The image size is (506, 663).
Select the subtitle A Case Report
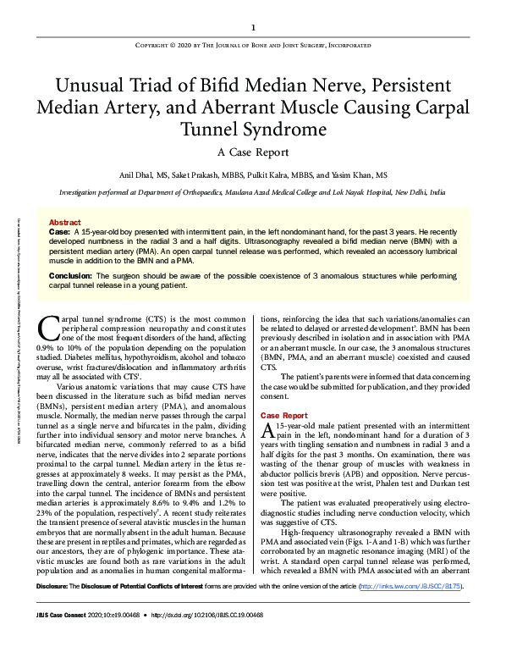pos(253,152)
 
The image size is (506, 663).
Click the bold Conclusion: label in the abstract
pos(71,276)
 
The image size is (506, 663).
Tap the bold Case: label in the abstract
pos(59,231)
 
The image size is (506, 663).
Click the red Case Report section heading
pos(283,416)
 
